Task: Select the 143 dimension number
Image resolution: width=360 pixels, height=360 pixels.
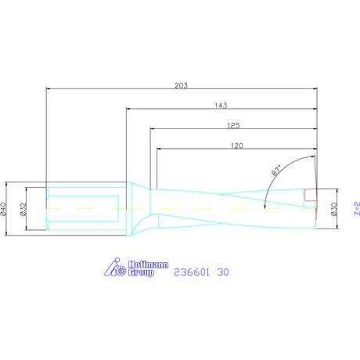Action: coord(222,104)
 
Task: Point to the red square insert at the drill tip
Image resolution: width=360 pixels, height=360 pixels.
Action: coord(311,194)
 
